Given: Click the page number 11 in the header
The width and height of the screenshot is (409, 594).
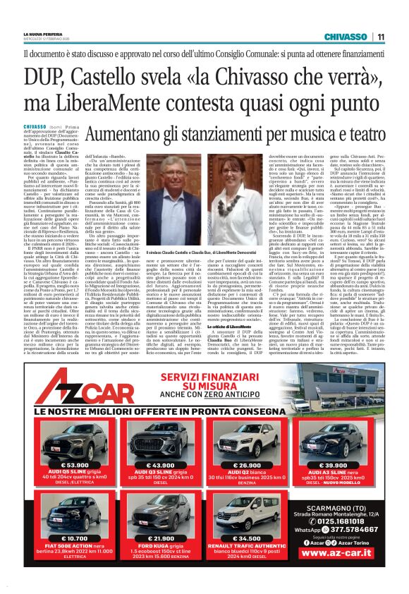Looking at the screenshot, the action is tap(380, 37).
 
